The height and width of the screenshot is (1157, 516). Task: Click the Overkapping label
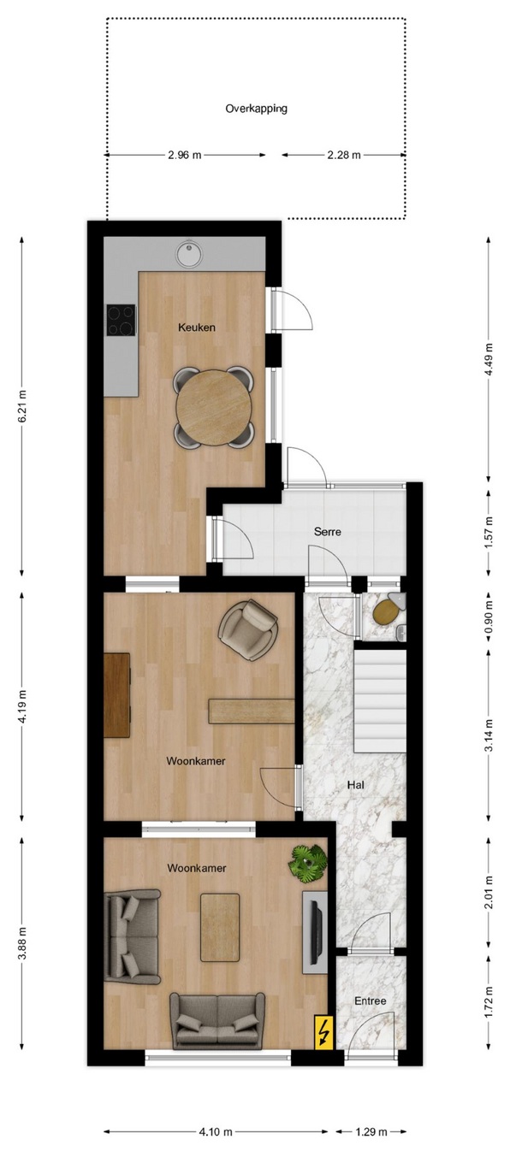[x=256, y=109]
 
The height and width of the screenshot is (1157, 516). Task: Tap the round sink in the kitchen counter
[x=188, y=255]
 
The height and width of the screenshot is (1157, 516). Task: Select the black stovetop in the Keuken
[x=122, y=320]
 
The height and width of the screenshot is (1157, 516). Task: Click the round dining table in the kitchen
[x=214, y=407]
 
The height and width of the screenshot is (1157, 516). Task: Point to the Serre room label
[x=327, y=531]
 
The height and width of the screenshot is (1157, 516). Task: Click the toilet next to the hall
[x=387, y=610]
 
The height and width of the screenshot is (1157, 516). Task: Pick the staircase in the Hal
[x=379, y=701]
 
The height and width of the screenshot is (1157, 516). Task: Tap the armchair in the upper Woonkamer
[x=248, y=629]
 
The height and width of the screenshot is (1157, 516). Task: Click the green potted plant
[x=309, y=861]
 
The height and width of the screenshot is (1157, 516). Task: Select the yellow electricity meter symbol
[x=324, y=1032]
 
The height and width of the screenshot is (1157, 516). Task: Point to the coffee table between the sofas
[x=220, y=928]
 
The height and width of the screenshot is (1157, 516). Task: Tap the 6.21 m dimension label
[x=22, y=406]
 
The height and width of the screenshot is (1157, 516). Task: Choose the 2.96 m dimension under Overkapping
[x=185, y=155]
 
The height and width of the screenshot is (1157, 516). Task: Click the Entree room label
[x=371, y=1001]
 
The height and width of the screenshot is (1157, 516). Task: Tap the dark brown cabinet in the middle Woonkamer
[x=117, y=695]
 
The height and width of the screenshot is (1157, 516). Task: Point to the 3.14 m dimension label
[x=489, y=735]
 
